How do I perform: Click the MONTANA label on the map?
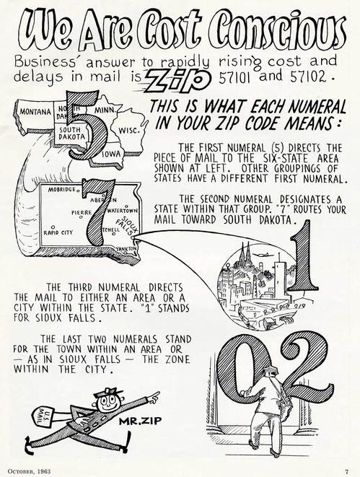[35, 112]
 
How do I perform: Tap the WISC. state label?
[129, 131]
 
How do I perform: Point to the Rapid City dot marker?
[53, 227]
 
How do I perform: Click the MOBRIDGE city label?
[62, 190]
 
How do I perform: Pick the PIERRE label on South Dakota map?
[82, 212]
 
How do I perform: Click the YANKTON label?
[126, 249]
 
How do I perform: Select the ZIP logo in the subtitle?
[178, 79]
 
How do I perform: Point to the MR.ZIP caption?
[140, 421]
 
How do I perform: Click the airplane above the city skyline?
[260, 254]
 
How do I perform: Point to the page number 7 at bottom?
[346, 472]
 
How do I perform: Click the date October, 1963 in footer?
[29, 471]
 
